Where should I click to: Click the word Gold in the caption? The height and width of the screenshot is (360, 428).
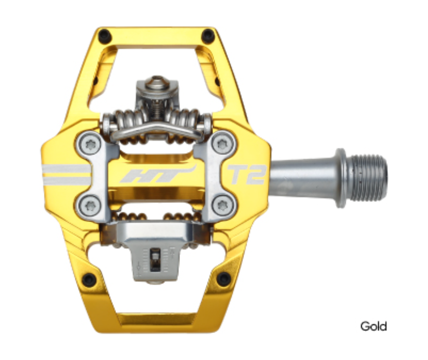point(373,326)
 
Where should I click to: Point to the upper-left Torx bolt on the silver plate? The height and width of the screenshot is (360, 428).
point(89,143)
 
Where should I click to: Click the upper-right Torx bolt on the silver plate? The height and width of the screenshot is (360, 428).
point(223,143)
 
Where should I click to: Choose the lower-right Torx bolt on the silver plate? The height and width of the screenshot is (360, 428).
point(223,205)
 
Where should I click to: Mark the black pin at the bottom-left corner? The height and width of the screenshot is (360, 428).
point(89,279)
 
